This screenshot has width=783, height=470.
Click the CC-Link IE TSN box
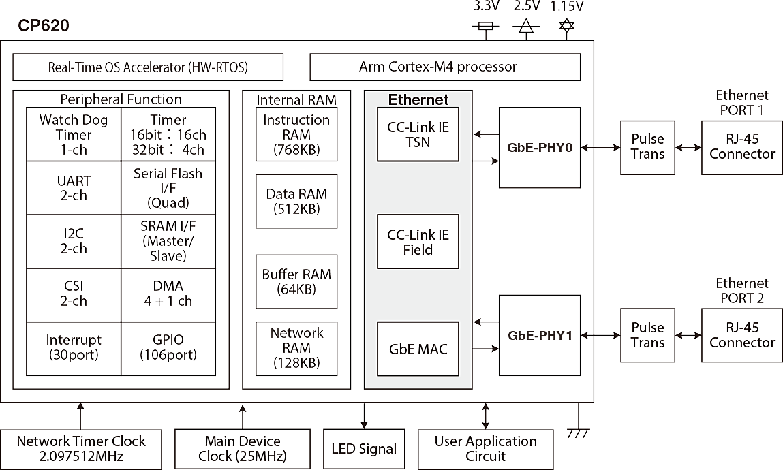pyautogui.click(x=418, y=134)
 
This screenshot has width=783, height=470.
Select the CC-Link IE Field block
pyautogui.click(x=418, y=242)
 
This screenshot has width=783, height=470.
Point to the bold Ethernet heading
pyautogui.click(x=418, y=100)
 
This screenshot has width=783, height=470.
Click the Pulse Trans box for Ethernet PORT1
pyautogui.click(x=647, y=146)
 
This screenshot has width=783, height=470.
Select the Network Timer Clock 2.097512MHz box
pyautogui.click(x=81, y=448)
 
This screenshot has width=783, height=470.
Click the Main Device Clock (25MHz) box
pyautogui.click(x=242, y=448)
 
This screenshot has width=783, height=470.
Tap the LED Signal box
pyautogui.click(x=364, y=449)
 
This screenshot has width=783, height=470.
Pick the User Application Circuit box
pyautogui.click(x=485, y=448)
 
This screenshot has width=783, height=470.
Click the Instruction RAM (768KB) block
pyautogui.click(x=296, y=135)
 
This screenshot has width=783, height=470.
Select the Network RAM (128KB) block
pyautogui.click(x=296, y=348)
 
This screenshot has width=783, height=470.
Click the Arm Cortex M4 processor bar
pyautogui.click(x=437, y=67)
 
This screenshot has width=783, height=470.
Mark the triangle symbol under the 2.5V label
pyautogui.click(x=525, y=27)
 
